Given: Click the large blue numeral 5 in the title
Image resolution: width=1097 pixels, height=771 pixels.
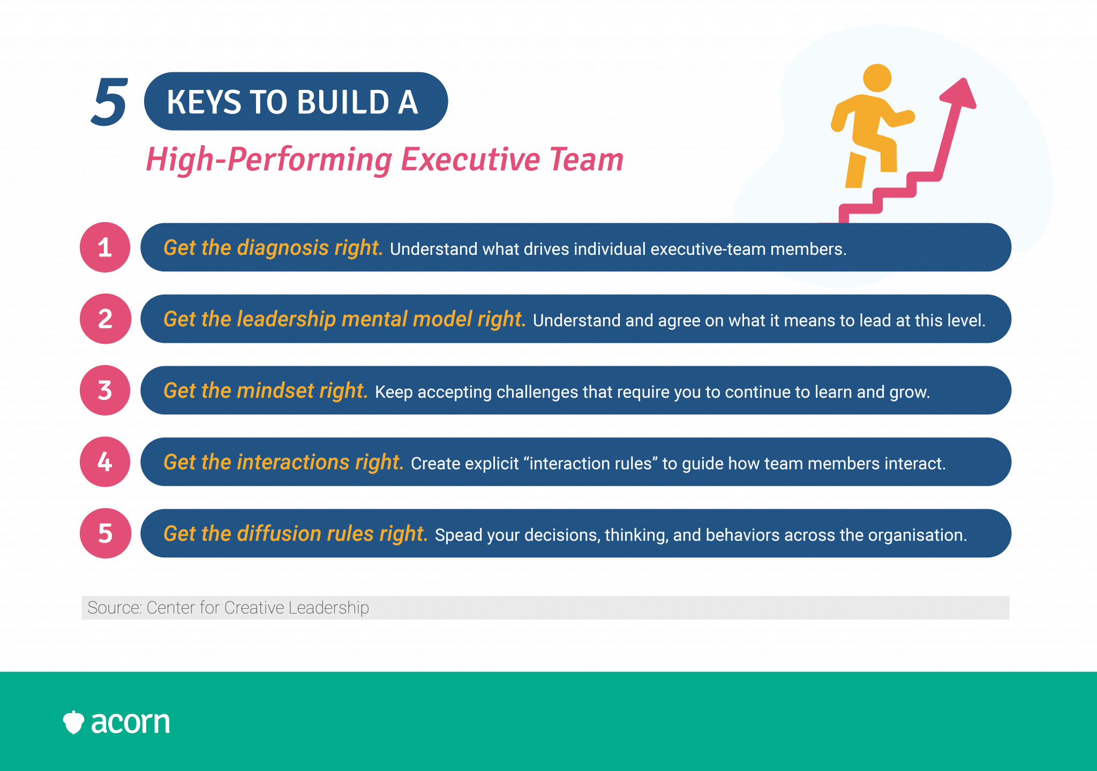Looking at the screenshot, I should pyautogui.click(x=109, y=102).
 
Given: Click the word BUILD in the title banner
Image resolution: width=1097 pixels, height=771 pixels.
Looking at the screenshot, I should pyautogui.click(x=343, y=102).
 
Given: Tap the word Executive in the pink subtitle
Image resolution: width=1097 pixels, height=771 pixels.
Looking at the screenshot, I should pyautogui.click(x=470, y=160).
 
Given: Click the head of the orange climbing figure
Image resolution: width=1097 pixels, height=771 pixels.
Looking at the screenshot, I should pyautogui.click(x=877, y=78).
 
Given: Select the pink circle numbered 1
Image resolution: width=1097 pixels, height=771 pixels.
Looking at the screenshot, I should pyautogui.click(x=105, y=247).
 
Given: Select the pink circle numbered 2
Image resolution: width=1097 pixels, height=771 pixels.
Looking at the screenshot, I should pyautogui.click(x=105, y=319).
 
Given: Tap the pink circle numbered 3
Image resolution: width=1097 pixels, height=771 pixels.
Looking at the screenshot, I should pyautogui.click(x=105, y=390).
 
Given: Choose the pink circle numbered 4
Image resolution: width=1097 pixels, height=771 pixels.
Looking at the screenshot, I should pyautogui.click(x=105, y=462).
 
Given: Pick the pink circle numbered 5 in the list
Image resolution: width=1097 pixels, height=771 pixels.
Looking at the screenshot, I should pyautogui.click(x=105, y=533).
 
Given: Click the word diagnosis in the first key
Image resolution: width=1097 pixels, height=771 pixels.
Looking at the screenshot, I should pyautogui.click(x=283, y=248).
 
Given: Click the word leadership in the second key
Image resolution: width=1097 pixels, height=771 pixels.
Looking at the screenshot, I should pyautogui.click(x=287, y=319).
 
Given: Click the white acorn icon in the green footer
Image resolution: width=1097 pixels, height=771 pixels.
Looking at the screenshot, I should pyautogui.click(x=73, y=722).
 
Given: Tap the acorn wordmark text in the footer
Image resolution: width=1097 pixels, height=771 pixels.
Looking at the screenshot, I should pyautogui.click(x=130, y=722).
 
